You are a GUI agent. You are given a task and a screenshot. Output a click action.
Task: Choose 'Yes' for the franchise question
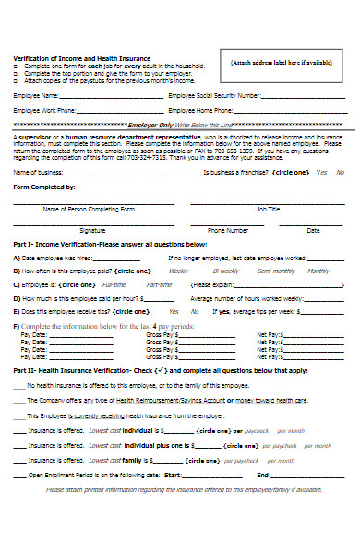pos(321,173)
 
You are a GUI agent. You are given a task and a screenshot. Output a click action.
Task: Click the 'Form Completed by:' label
pos(42,187)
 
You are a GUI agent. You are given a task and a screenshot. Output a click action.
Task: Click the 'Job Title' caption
pos(268,210)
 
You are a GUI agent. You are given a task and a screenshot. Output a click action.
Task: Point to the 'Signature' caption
pos(92,229)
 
